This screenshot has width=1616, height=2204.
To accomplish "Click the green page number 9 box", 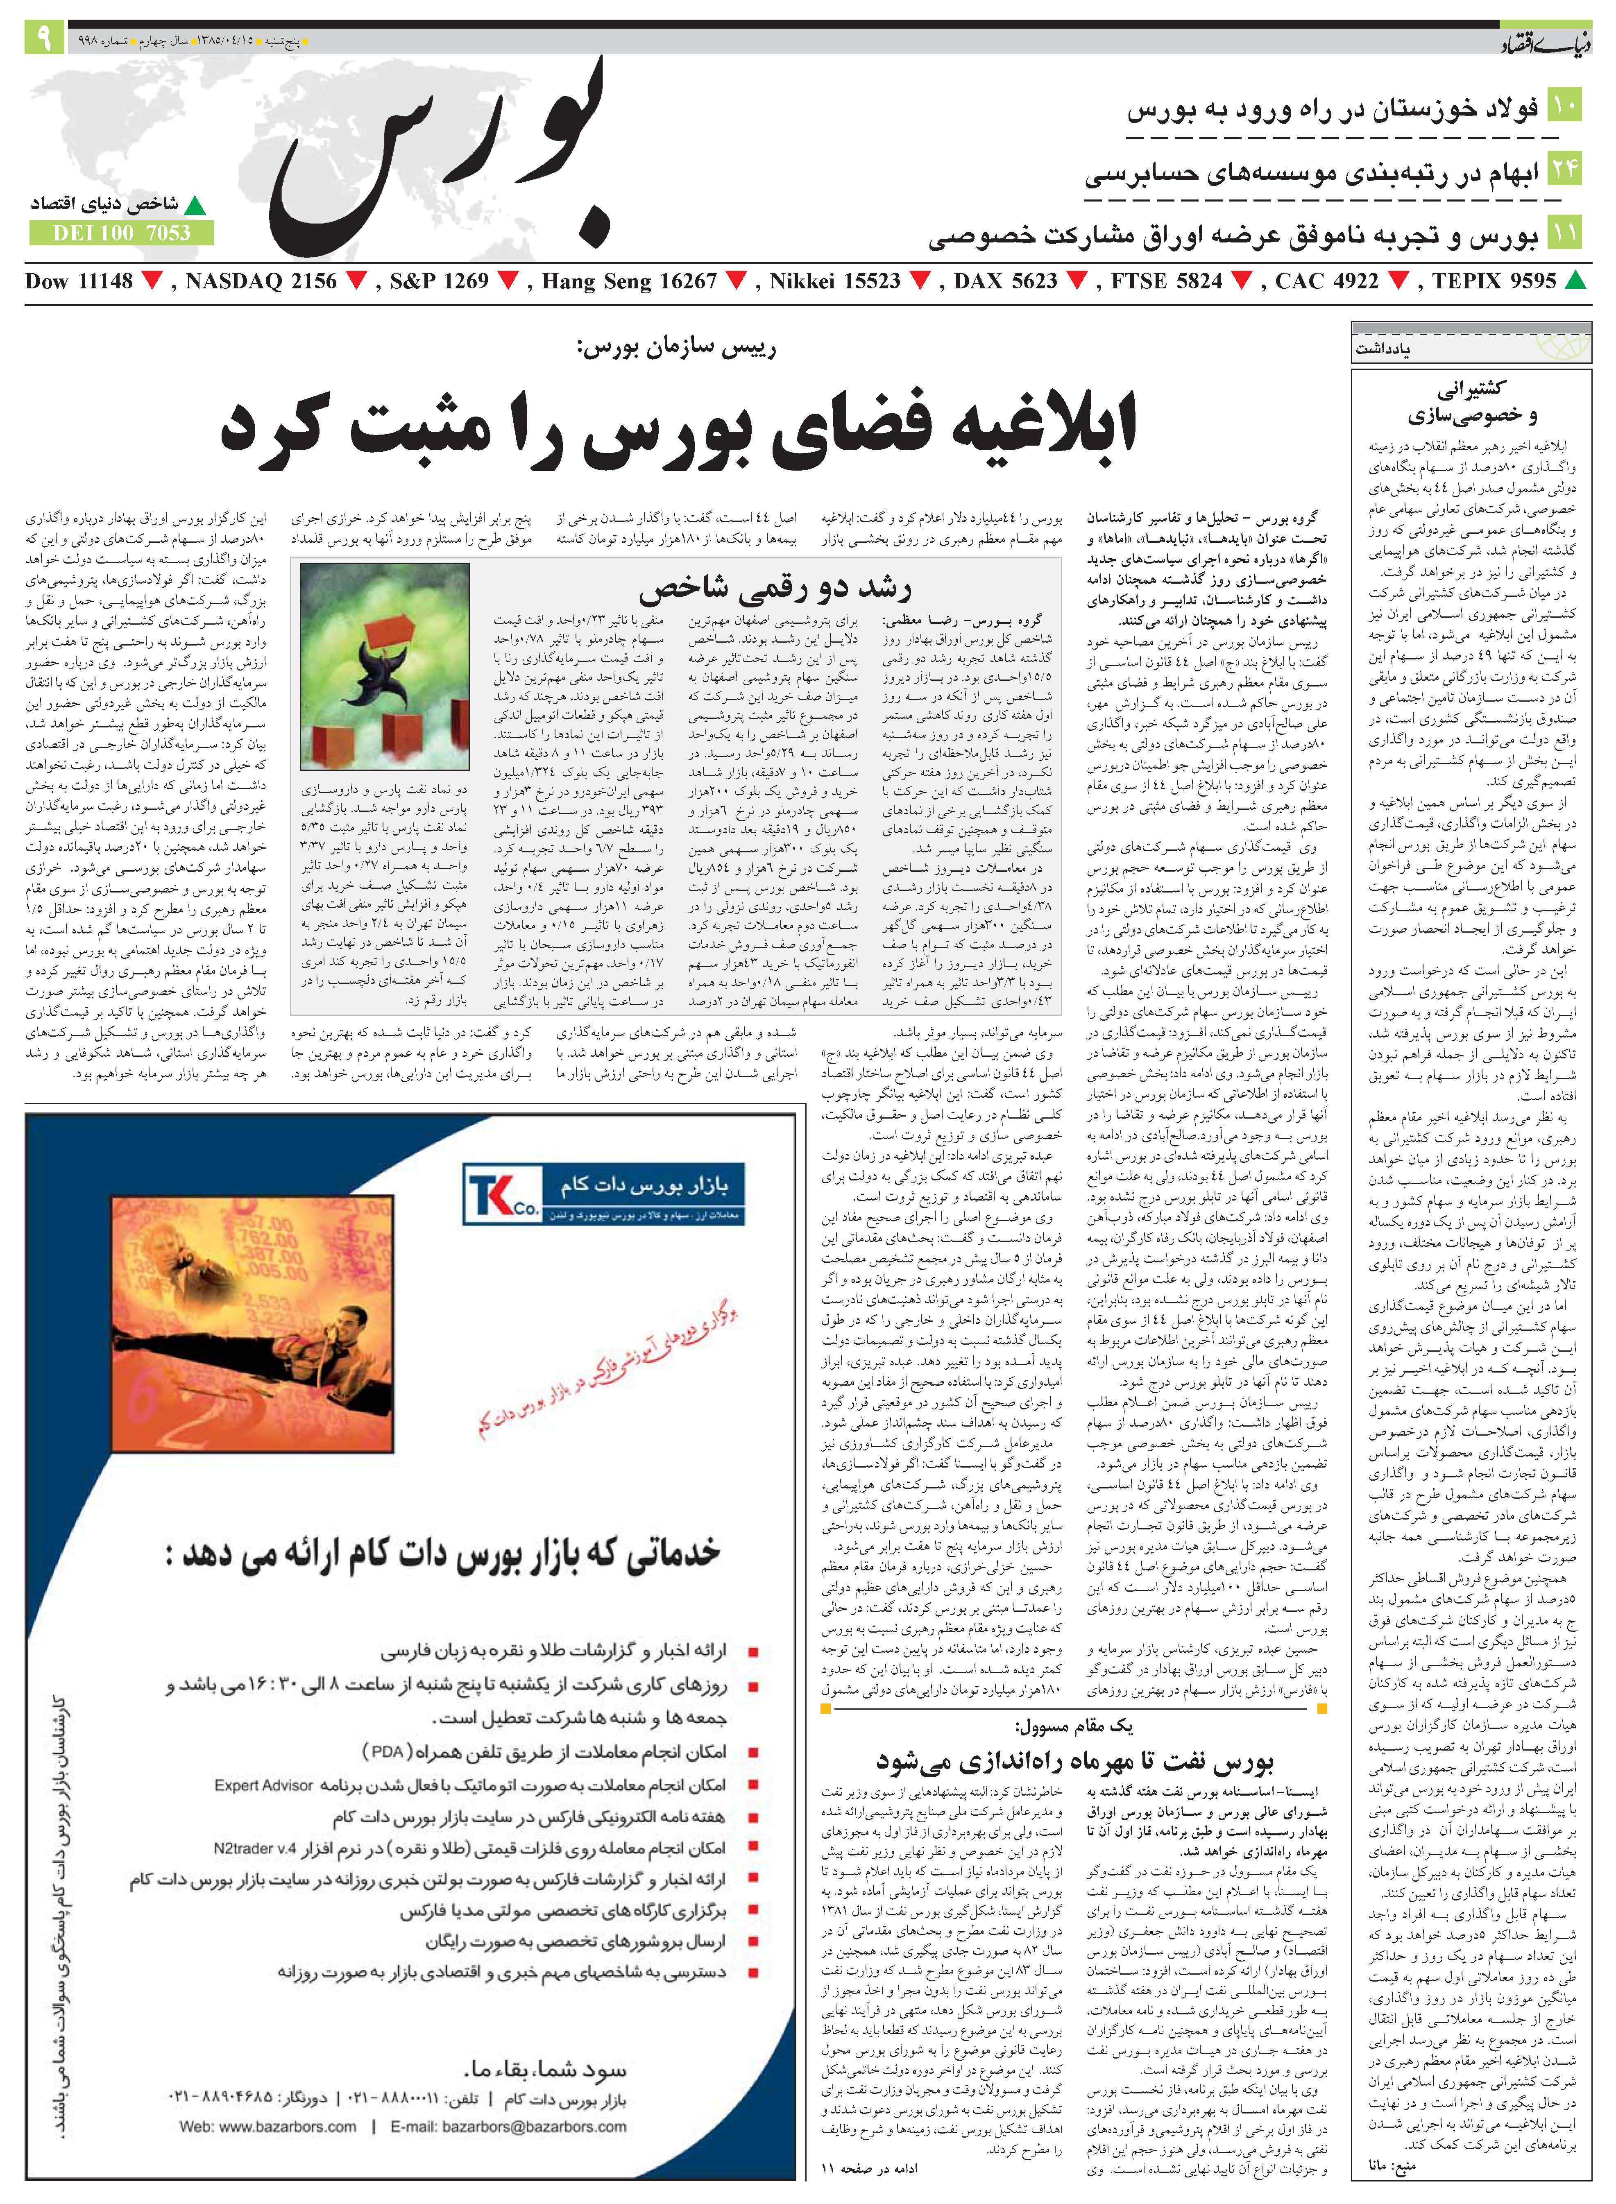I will pyautogui.click(x=44, y=39).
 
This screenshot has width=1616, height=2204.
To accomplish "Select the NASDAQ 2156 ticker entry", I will pyautogui.click(x=260, y=282).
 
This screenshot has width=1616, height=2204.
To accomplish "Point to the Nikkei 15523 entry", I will pyautogui.click(x=834, y=282).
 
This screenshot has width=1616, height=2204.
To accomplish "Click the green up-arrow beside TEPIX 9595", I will pyautogui.click(x=1575, y=282).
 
